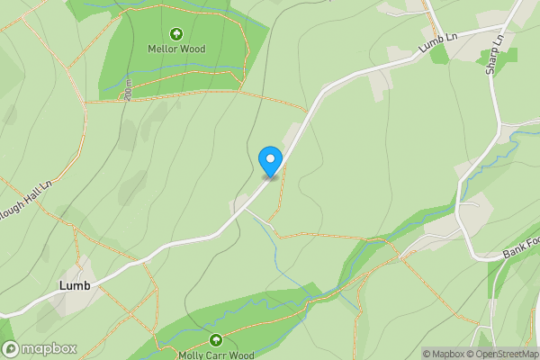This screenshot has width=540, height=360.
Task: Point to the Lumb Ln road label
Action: [438, 46]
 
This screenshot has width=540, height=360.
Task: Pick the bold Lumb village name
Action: [74, 285]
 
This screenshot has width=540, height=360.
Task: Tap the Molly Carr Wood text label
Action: [216, 355]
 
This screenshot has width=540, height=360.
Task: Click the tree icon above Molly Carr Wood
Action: [216, 340]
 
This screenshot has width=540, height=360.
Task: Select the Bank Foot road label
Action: [520, 248]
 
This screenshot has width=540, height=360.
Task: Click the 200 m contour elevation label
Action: [130, 90]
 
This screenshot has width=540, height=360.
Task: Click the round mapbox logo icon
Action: [10, 349]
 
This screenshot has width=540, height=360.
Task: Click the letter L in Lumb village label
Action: [62, 285]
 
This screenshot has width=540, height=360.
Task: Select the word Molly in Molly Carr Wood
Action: [190, 355]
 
